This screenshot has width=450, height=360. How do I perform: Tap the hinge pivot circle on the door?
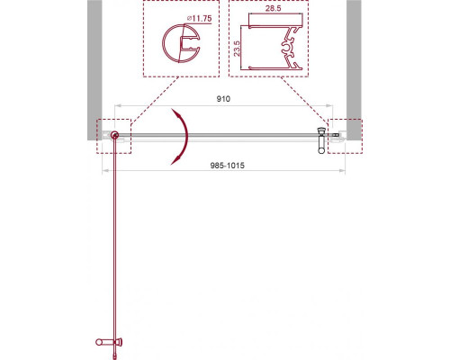(x=115, y=136)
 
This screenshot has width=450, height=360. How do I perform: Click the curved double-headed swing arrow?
(x=184, y=135)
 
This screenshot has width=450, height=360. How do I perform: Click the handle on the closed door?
(x=321, y=139)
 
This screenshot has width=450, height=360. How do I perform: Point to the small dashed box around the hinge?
(x=114, y=137)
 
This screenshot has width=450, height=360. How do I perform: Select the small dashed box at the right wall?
(x=341, y=137)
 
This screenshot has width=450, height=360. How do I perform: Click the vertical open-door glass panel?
(x=115, y=243)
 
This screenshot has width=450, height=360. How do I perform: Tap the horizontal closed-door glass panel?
(x=220, y=136)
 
